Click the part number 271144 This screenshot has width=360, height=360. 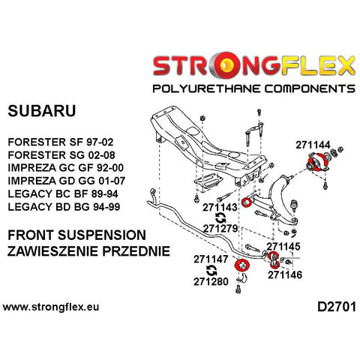click(x=313, y=145)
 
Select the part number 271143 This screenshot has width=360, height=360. click(x=220, y=207)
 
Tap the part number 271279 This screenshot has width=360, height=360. click(x=220, y=229)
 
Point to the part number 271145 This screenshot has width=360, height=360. click(x=283, y=247)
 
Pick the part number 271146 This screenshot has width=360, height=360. click(x=285, y=274)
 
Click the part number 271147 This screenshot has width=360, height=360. click(x=211, y=259)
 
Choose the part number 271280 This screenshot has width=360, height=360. click(x=211, y=281)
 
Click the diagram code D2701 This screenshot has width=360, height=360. click(x=337, y=307)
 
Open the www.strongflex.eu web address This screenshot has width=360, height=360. click(x=51, y=307)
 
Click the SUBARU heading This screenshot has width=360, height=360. click(x=42, y=111)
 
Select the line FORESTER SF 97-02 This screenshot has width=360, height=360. click(x=61, y=142)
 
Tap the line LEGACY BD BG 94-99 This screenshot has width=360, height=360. click(x=64, y=207)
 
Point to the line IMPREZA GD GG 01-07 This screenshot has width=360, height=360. click(x=67, y=181)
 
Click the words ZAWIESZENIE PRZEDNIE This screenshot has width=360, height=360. click(x=88, y=251)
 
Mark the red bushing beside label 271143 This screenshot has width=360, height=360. click(x=246, y=202)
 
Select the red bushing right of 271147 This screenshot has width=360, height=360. click(x=241, y=265)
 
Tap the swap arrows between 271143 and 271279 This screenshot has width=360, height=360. click(x=220, y=217)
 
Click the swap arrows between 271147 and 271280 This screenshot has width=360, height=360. click(x=211, y=270)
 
